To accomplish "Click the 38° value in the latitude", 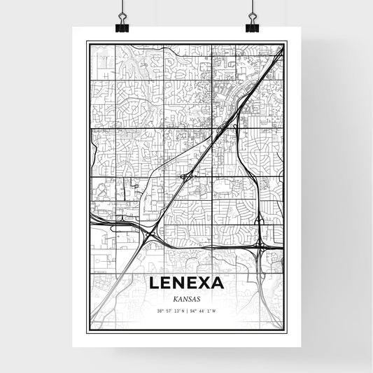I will pyautogui.click(x=160, y=311).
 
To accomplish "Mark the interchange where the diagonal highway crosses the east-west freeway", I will pyautogui.click(x=148, y=235).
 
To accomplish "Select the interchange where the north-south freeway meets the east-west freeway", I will pyautogui.click(x=260, y=244).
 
